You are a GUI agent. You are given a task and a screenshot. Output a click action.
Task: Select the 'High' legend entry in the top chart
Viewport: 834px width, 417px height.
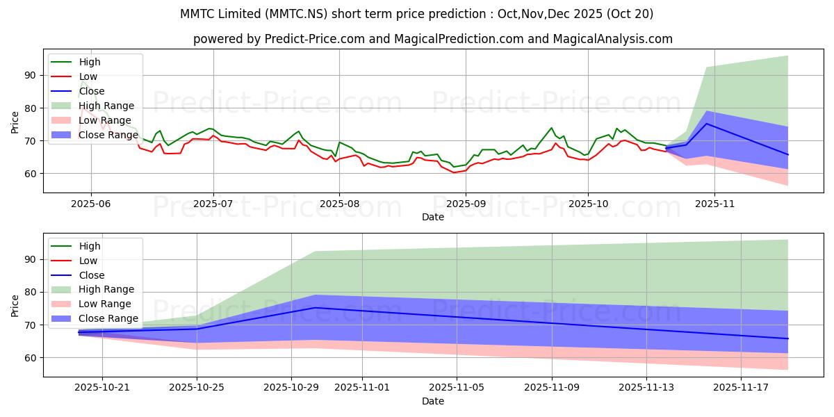(x=90, y=62)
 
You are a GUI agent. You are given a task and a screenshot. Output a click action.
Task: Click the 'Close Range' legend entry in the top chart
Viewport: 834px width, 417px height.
(x=108, y=135)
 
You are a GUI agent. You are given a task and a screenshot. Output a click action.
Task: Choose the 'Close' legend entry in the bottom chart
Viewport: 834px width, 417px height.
(x=92, y=275)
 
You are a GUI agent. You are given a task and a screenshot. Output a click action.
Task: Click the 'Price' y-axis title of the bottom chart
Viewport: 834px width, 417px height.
(x=15, y=304)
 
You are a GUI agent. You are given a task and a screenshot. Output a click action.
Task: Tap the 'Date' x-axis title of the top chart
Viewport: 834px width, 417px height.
(x=433, y=217)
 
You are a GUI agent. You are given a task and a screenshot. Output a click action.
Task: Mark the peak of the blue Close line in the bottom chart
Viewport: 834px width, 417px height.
(x=315, y=307)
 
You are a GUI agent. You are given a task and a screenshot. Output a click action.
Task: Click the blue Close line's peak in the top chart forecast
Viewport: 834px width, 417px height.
(x=707, y=124)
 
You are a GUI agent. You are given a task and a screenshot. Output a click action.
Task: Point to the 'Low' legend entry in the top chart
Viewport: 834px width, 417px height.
(x=88, y=76)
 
